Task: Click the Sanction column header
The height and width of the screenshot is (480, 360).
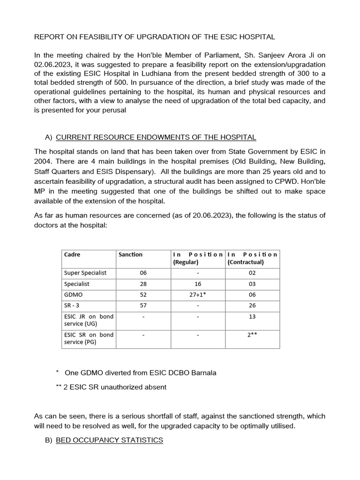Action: coord(130,255)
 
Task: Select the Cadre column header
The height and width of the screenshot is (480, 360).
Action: coord(72,255)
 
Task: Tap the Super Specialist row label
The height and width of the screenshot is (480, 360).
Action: coord(85,273)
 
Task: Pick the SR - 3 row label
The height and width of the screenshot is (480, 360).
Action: coord(71,306)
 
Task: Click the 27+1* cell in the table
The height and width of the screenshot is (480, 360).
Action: coord(198,295)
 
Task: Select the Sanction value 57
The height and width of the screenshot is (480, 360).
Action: coord(143,306)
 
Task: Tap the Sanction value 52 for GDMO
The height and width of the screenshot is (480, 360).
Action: coord(143,295)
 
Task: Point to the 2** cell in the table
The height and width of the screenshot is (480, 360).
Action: coord(253,335)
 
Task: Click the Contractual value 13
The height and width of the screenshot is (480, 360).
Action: coord(253,316)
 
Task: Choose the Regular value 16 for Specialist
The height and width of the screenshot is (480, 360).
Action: coord(198,284)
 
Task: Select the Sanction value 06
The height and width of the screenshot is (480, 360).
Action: coord(143,273)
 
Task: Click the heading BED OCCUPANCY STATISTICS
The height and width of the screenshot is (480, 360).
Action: coord(109,440)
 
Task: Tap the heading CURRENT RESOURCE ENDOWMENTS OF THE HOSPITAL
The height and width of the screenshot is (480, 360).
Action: coord(156,137)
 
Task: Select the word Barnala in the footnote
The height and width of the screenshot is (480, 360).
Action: coord(203,373)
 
